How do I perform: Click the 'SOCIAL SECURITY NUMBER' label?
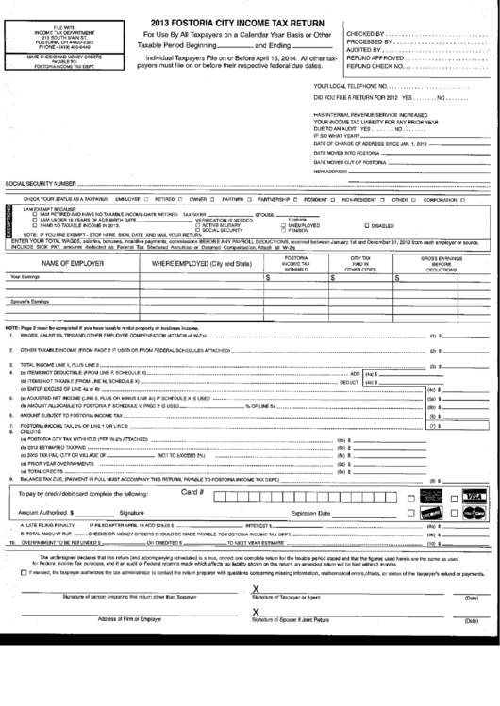(x=40, y=183)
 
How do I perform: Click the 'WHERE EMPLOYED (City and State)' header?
(x=202, y=263)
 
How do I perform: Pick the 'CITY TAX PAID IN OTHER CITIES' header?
(x=359, y=263)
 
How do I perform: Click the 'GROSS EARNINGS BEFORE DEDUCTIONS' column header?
(x=441, y=263)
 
